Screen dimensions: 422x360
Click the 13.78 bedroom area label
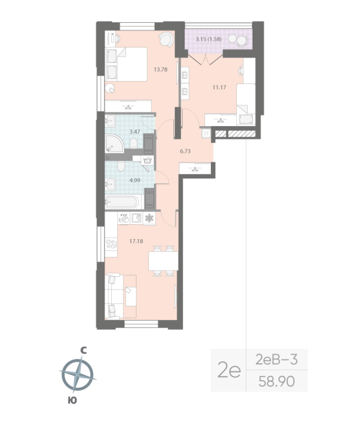160,69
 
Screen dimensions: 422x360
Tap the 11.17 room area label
219,88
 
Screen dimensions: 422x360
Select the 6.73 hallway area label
186,151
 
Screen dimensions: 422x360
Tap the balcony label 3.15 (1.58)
208,39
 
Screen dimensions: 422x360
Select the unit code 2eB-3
276,360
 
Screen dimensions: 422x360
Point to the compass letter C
83,350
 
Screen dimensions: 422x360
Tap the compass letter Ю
72,401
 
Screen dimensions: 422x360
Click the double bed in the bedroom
127,64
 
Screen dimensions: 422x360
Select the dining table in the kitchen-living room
162,260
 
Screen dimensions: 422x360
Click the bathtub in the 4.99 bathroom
123,202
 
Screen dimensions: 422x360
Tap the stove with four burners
111,243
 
